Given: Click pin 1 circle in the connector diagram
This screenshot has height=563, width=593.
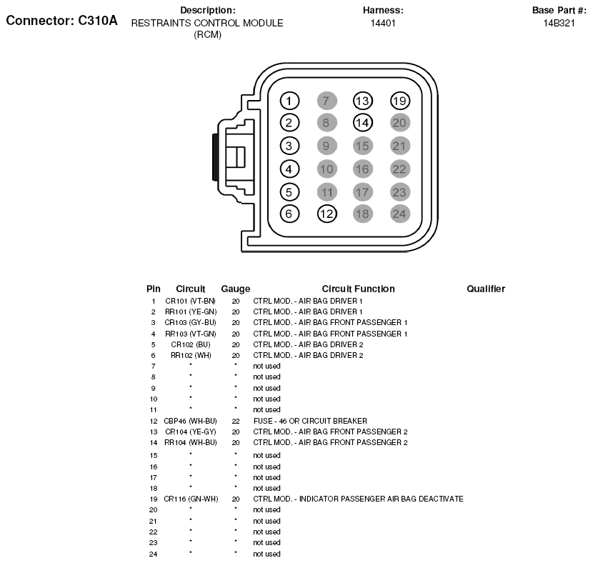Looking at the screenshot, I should pos(289,101).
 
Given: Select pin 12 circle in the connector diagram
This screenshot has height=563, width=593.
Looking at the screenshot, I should pos(327,213).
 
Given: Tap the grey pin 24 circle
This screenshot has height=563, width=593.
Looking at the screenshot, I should pos(400,213).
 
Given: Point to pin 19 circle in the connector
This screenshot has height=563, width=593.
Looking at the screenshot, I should pos(400,101).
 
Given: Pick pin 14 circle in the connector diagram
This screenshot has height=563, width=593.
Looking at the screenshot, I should pos(363,122).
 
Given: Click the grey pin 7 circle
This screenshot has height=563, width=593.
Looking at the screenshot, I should pos(327,101).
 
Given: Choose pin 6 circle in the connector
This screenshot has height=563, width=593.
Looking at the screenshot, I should pos(289,213).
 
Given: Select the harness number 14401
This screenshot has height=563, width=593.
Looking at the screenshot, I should pos(383,24).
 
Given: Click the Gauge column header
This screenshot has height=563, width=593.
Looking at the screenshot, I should pos(235,289).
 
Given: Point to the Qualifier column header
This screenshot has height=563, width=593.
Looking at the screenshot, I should pos(486,289).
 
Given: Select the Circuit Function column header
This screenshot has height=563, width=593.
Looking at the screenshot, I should pos(358,289).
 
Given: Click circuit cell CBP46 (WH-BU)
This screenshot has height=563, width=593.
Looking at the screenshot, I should pos(190,422).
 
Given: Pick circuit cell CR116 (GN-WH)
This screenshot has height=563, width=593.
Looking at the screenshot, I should pos(190,499).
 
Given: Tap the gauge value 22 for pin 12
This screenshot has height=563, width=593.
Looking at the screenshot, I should pos(235,422).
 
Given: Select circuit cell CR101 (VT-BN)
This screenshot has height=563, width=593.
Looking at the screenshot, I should pos(190,302).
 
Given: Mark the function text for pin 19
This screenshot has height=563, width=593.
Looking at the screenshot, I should pos(358,499).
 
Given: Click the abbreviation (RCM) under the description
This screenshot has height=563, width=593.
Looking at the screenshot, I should pos(207,35).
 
